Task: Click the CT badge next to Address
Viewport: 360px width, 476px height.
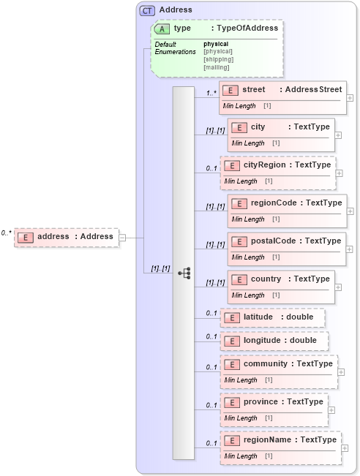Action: tap(148, 10)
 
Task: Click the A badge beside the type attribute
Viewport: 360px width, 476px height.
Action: tap(162, 29)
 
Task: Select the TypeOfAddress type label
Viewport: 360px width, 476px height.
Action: tap(245, 28)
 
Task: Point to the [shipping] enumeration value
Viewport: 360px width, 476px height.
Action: tap(218, 59)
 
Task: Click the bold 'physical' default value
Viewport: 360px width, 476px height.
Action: tap(216, 44)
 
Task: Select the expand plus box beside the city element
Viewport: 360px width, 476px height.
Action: tap(338, 135)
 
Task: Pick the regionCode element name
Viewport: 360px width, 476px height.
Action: tap(272, 203)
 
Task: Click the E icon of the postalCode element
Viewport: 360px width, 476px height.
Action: tap(239, 241)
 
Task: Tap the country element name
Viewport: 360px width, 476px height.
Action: tap(266, 279)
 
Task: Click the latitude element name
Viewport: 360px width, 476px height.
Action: tap(259, 317)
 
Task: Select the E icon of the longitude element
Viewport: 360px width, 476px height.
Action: tap(231, 341)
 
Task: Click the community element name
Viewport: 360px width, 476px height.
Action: tap(266, 363)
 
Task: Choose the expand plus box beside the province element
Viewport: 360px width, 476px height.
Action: tap(331, 409)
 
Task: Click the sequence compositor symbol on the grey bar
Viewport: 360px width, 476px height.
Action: tap(184, 273)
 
